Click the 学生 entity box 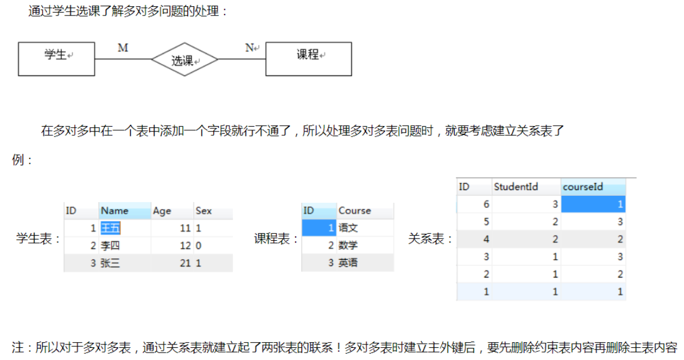[x=56, y=59]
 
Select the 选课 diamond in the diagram [x=184, y=60]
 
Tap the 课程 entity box [x=308, y=59]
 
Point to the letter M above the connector [x=123, y=48]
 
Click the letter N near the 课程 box [x=250, y=48]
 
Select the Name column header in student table [x=115, y=211]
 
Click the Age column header [x=162, y=211]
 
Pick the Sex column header [x=203, y=211]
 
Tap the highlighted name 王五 [x=110, y=228]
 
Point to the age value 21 [x=185, y=263]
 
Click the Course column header [x=354, y=211]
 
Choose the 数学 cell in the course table [x=348, y=246]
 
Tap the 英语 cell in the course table [x=348, y=263]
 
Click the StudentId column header [x=516, y=187]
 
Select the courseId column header [x=583, y=187]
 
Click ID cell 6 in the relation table [x=486, y=204]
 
